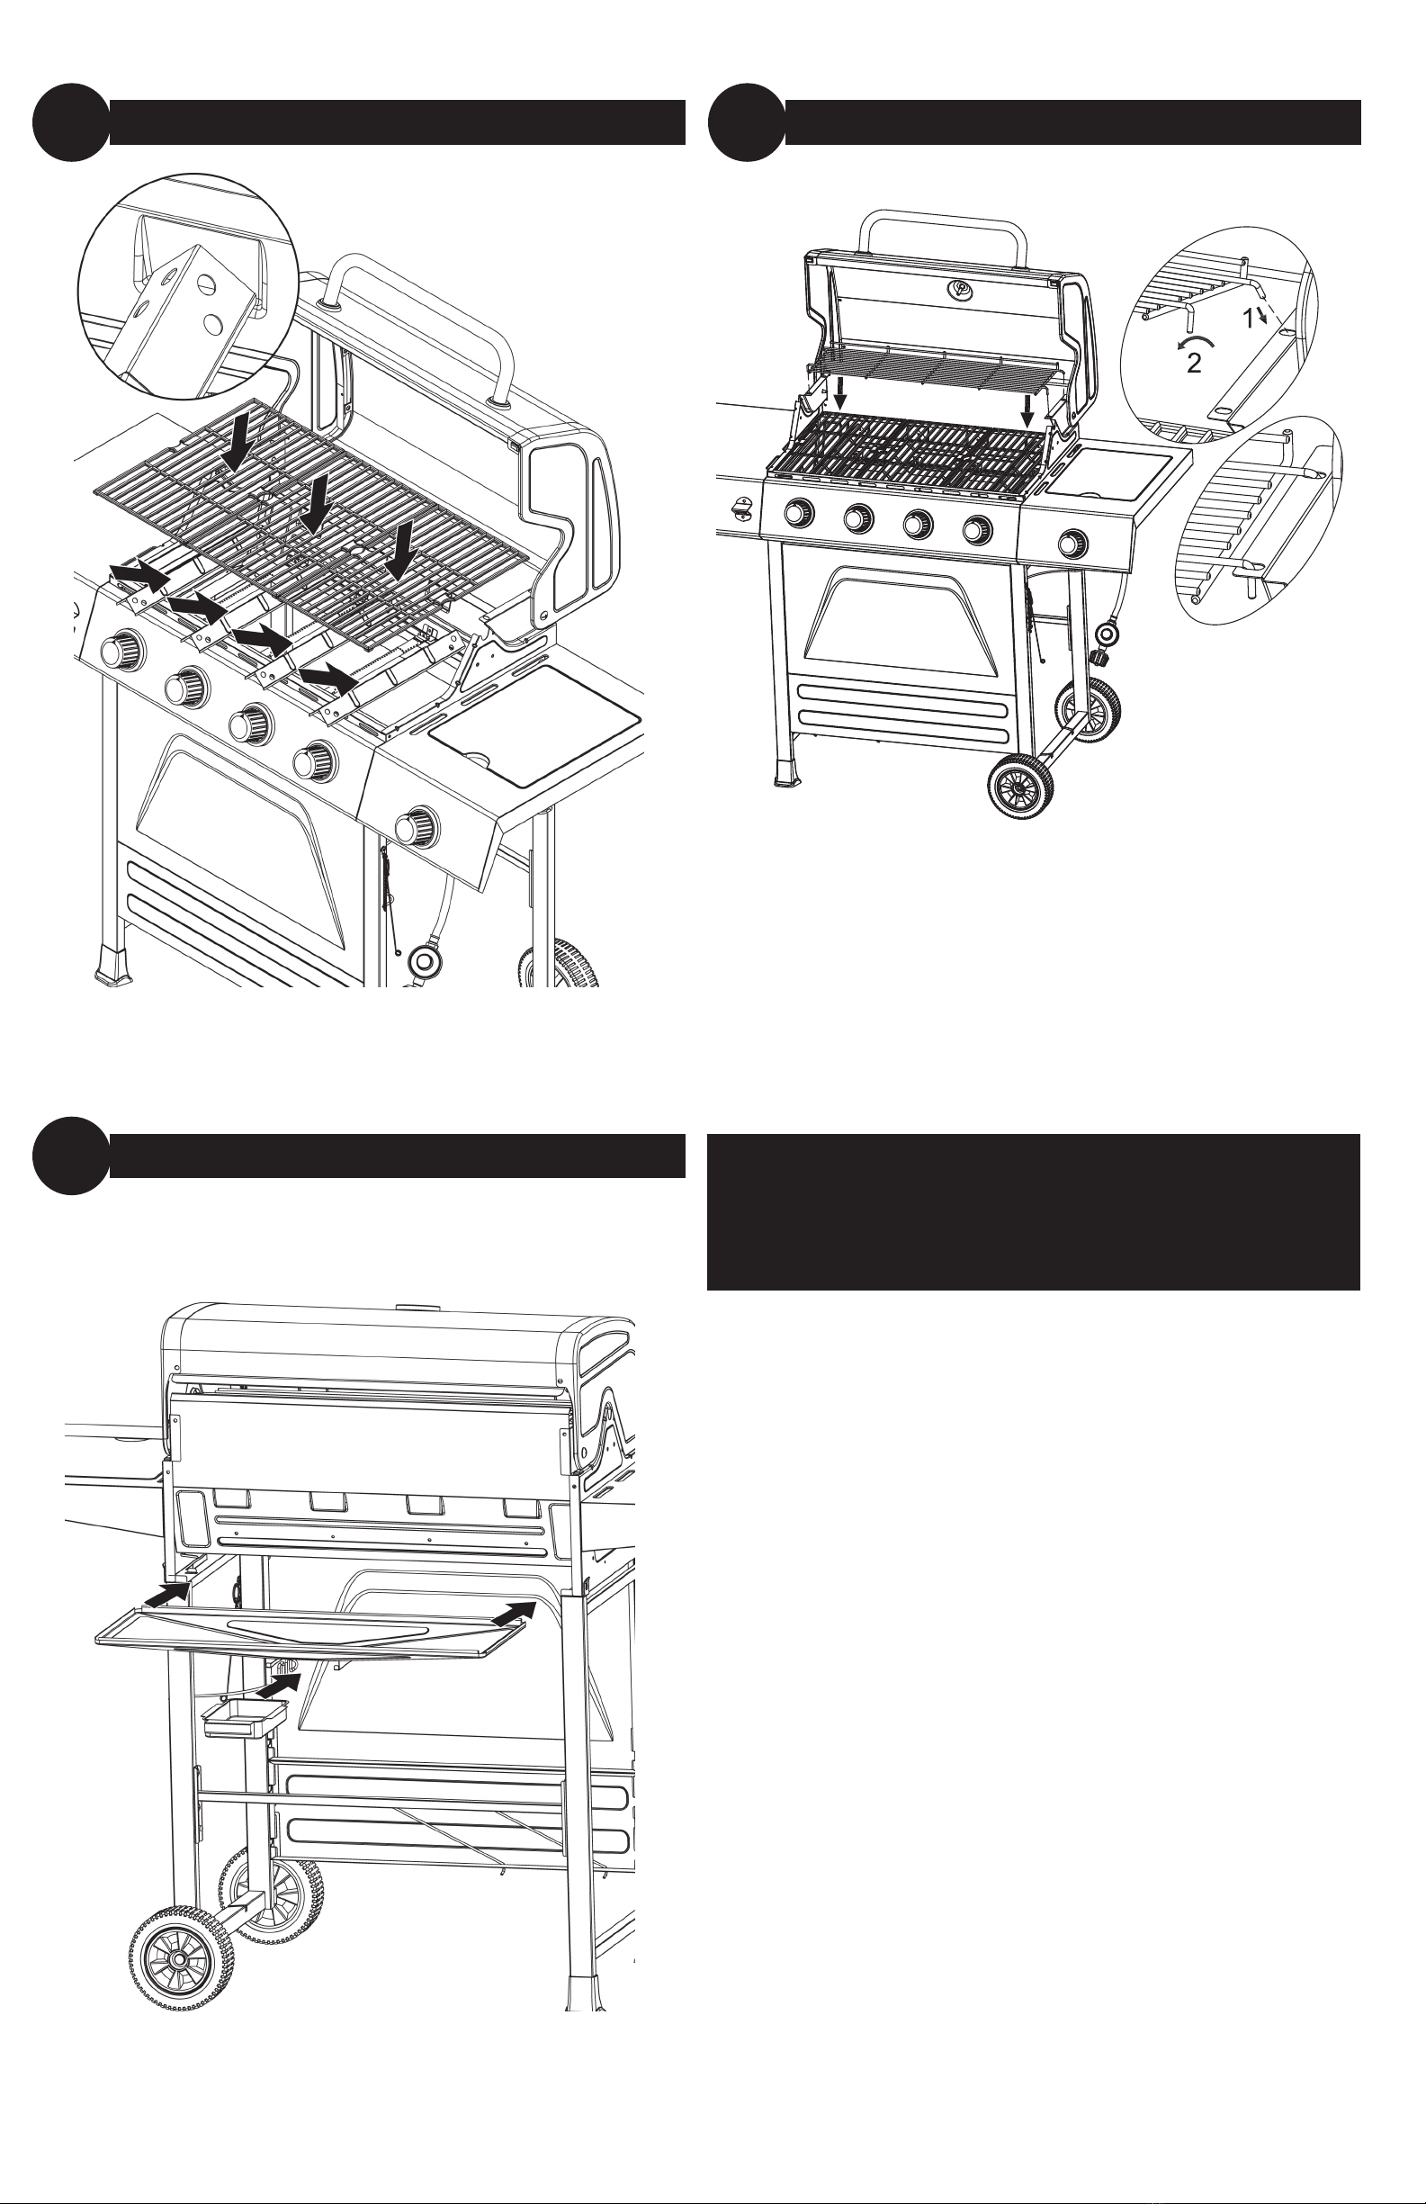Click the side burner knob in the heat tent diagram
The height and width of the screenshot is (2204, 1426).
(x=417, y=825)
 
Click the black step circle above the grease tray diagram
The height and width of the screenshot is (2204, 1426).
(x=71, y=1156)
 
